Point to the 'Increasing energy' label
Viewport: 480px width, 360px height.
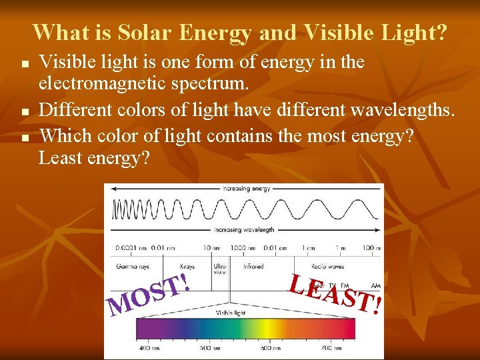pyautogui.click(x=246, y=189)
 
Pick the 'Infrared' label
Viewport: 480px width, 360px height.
pyautogui.click(x=253, y=266)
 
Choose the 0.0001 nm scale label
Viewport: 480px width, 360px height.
pyautogui.click(x=127, y=247)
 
